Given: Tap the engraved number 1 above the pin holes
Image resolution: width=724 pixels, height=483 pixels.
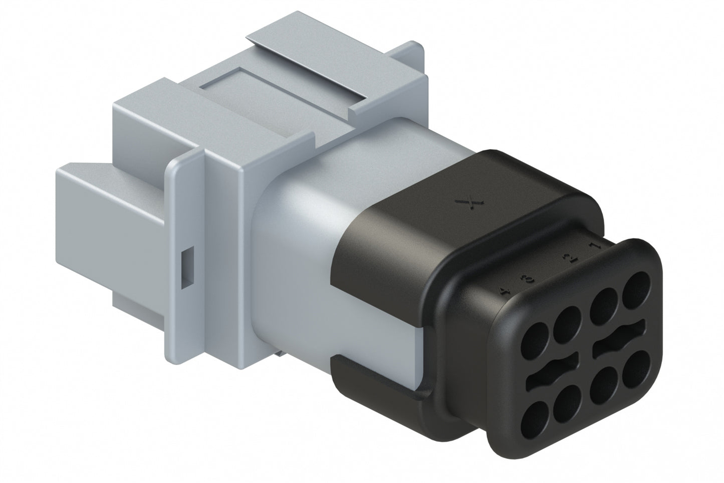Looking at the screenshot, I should click(595, 247).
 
